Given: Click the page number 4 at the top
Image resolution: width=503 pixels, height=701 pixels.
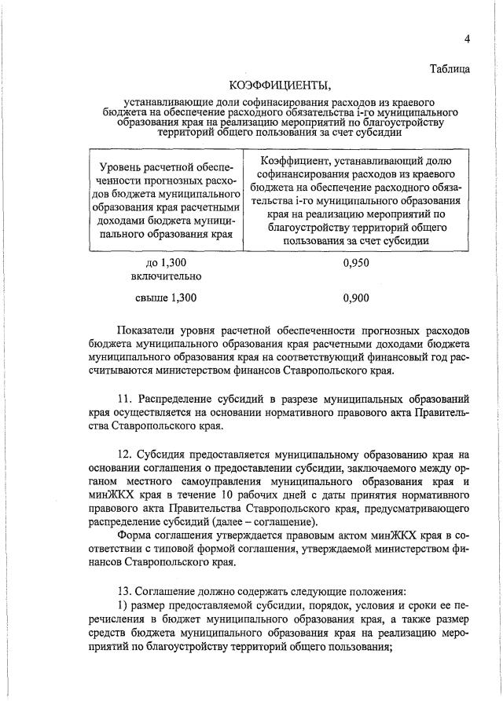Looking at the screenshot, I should click(x=467, y=39).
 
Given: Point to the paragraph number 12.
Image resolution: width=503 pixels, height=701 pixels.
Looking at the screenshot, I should click(x=122, y=455).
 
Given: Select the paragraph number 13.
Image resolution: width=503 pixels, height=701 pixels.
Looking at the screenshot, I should click(x=122, y=591).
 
